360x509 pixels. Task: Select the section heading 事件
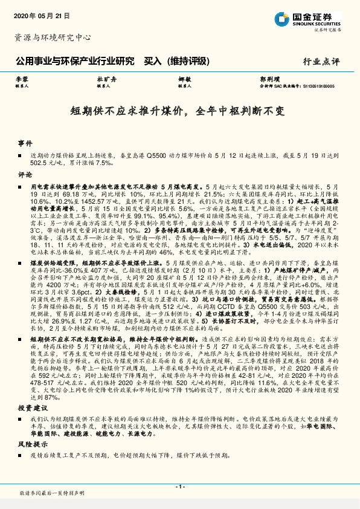click(x=25, y=143)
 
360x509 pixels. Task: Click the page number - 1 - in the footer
click(x=179, y=487)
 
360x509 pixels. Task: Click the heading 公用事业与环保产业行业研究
click(x=74, y=60)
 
